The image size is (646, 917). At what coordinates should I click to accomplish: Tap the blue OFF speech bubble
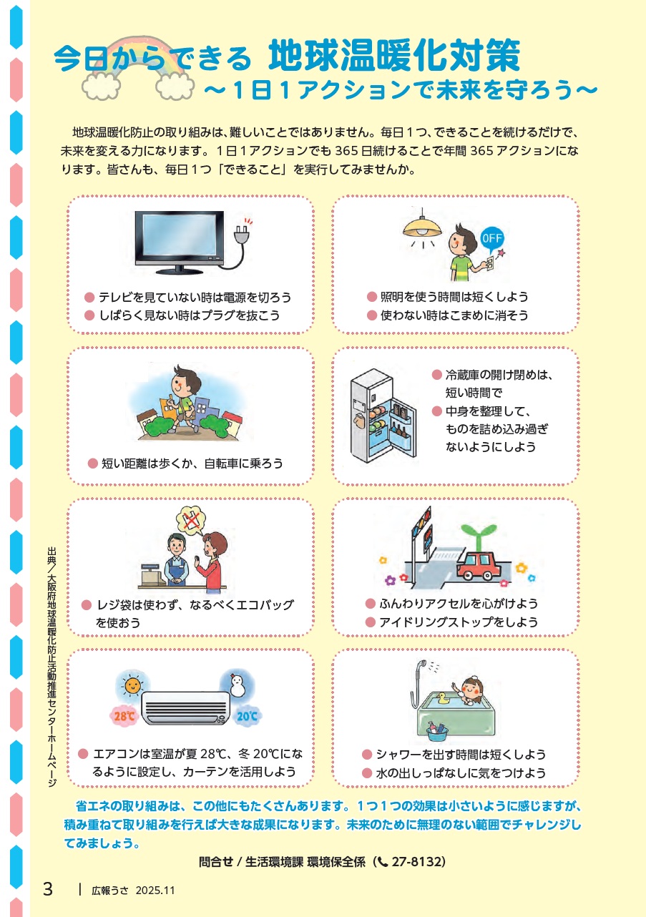pos(491,238)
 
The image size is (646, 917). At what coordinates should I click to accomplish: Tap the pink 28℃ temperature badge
pos(124,716)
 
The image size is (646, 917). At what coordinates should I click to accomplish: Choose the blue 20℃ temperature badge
pos(248,716)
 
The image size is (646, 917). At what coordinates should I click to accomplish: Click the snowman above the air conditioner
pos(237,685)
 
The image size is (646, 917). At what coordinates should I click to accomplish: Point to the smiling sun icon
pos(132,685)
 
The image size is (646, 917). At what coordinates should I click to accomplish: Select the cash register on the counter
pos(152,575)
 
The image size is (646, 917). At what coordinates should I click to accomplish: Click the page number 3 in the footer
pos(48,889)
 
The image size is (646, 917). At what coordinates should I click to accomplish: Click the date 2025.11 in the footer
pos(155,891)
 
